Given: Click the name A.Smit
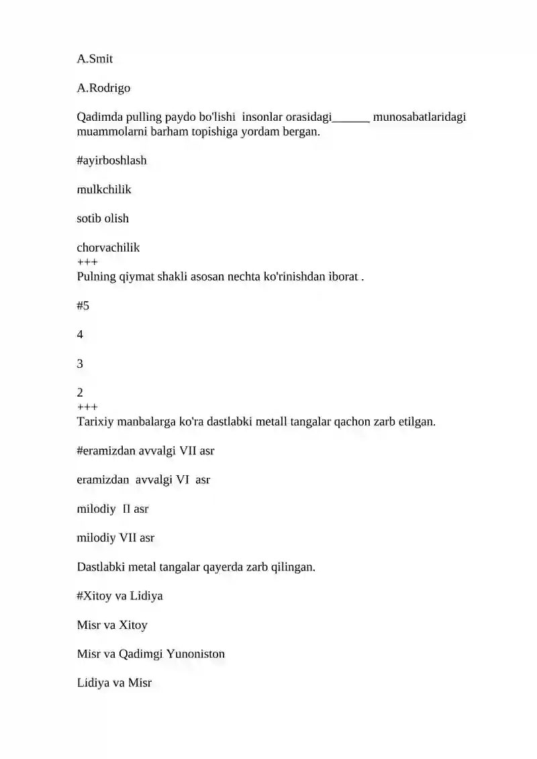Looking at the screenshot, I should (x=95, y=59).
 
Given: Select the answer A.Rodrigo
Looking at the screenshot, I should (x=103, y=88).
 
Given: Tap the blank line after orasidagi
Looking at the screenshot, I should (x=351, y=118).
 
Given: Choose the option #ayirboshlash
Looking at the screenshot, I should (x=111, y=160).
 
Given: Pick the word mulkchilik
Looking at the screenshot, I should (x=104, y=189).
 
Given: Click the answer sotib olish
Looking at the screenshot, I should (x=103, y=218).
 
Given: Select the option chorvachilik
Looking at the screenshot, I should (x=108, y=248).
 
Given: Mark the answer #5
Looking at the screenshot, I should (x=83, y=306).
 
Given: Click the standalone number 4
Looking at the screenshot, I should (x=81, y=335).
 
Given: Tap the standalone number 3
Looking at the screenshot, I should (x=81, y=364).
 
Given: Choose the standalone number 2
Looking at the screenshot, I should (x=81, y=392).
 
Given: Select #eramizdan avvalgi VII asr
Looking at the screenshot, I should (x=146, y=451).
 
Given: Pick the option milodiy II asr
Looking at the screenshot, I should (x=113, y=509).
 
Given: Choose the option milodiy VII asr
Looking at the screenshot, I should (x=115, y=538).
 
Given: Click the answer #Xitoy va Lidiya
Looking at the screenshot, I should (x=119, y=596).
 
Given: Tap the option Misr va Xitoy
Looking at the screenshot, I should (x=112, y=625).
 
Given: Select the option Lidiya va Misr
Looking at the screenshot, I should (x=114, y=683).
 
